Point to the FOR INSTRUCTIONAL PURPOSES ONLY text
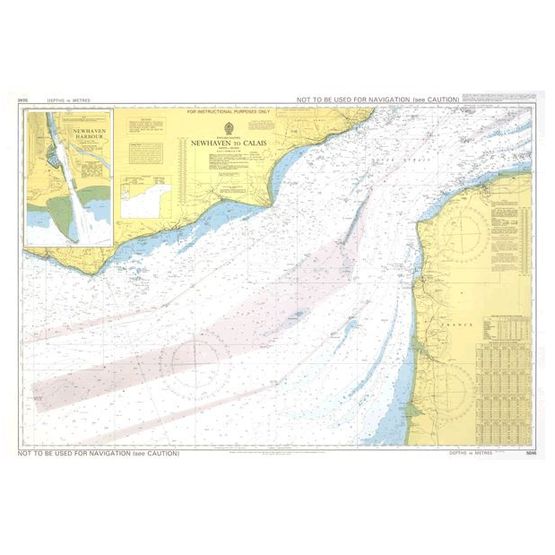(229, 112)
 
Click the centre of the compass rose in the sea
(200, 357)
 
